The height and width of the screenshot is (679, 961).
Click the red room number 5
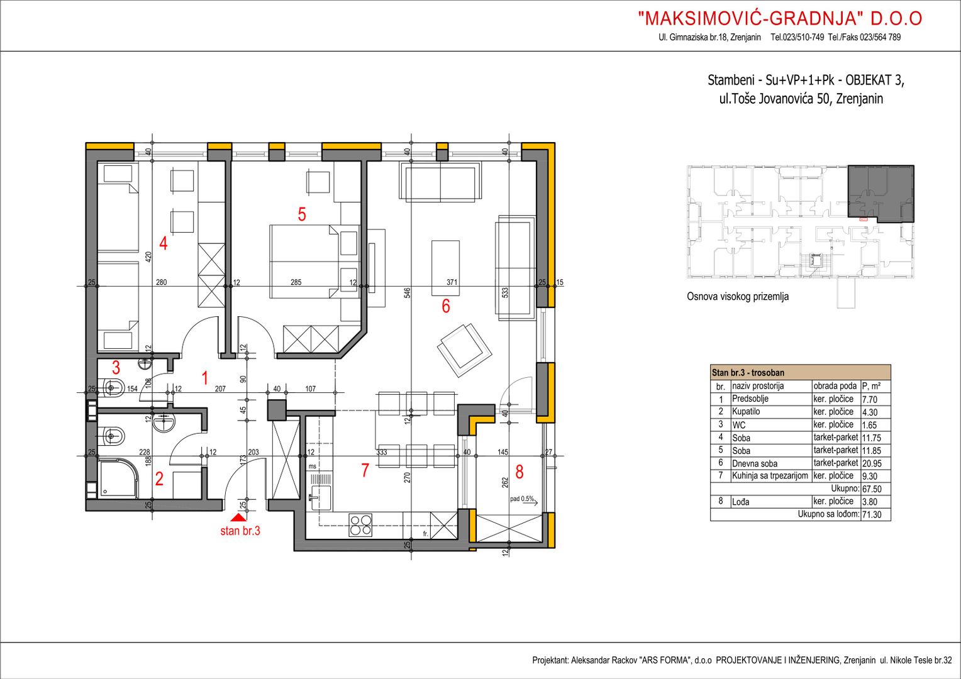pyautogui.click(x=302, y=214)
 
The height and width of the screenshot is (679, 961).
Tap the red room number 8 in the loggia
pyautogui.click(x=519, y=472)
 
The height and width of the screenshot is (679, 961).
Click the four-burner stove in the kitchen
pyautogui.click(x=360, y=525)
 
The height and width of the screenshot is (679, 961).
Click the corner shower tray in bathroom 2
pyautogui.click(x=118, y=478)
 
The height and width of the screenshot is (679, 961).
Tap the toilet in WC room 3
pyautogui.click(x=113, y=389)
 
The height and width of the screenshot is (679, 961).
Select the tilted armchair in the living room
pyautogui.click(x=464, y=350)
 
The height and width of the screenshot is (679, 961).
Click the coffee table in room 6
pyautogui.click(x=445, y=268)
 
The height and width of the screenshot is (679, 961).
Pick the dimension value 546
pyautogui.click(x=407, y=293)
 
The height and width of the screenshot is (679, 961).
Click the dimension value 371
pyautogui.click(x=452, y=282)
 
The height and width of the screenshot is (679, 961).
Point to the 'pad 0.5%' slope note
pyautogui.click(x=521, y=499)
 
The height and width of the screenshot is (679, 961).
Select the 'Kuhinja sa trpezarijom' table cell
pyautogui.click(x=770, y=476)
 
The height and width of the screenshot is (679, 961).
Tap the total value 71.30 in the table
pyautogui.click(x=872, y=514)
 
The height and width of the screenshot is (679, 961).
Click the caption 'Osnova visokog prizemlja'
pyautogui.click(x=738, y=296)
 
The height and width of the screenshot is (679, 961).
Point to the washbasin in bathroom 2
pyautogui.click(x=164, y=422)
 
